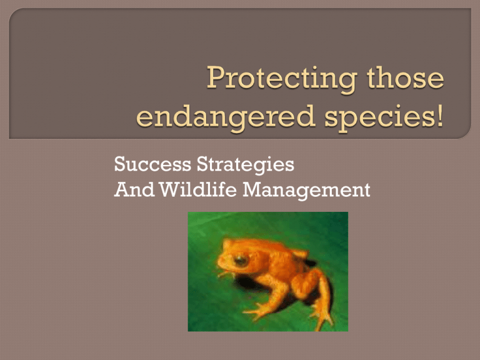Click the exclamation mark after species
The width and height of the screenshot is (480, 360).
441,117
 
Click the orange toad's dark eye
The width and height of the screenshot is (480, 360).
240,261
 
